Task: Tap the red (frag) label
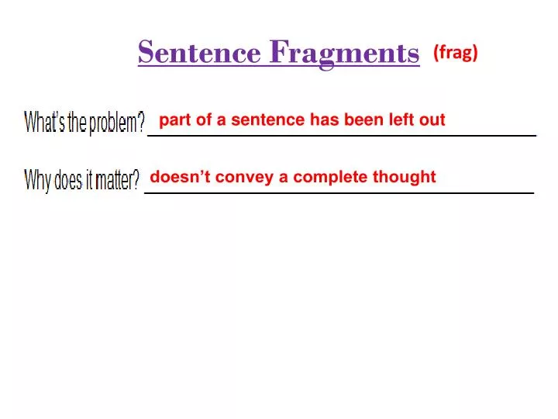[x=456, y=51]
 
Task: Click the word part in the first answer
[x=174, y=120]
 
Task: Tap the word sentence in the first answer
[x=268, y=119]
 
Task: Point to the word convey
[x=238, y=178]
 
